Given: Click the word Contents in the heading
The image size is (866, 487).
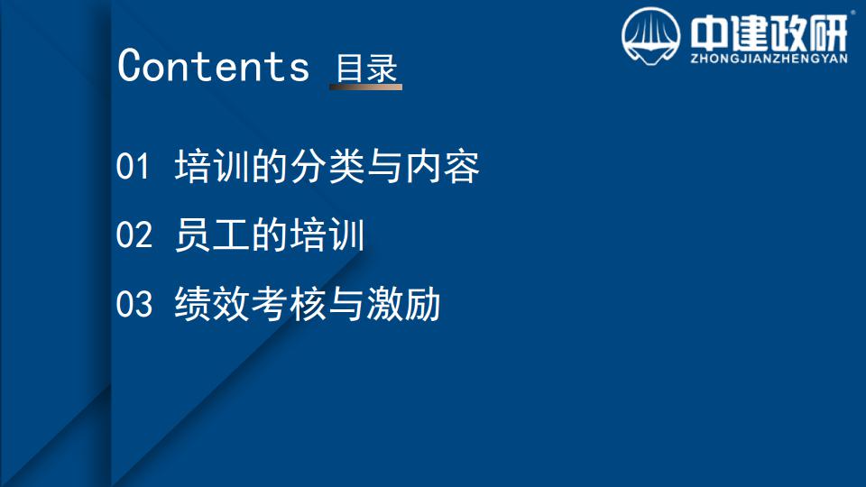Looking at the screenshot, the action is pos(213,66).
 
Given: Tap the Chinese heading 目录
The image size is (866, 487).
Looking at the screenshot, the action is pos(367,69).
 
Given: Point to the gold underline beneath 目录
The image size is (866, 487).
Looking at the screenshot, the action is pos(365,87).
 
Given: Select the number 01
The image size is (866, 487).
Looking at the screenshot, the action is pos(133,166).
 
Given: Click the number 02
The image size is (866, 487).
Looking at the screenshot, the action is pos(134,234).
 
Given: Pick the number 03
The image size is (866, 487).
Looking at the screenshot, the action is pos(134,304).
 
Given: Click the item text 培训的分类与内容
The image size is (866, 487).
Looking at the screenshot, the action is pos(327,166).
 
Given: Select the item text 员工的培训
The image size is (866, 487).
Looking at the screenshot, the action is pos(270,234).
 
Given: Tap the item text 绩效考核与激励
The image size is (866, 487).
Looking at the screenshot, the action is pos(308,304).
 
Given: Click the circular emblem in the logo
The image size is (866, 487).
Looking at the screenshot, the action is pos(650,36).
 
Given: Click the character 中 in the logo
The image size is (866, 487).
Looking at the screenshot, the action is pos(709,33).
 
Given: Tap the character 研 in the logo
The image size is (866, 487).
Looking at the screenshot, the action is pos(829,33).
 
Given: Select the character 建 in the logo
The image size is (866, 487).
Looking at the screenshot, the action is pos(749,33).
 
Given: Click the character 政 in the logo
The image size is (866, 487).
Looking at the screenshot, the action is pos(789,33).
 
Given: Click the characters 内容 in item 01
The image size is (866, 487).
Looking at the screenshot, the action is pos(442,166).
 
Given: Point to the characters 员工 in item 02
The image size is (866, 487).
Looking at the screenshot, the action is pos(211,234).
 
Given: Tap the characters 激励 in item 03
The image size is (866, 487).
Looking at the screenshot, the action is pos(404,304).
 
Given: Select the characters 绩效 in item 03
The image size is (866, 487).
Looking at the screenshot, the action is pos(211,304).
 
